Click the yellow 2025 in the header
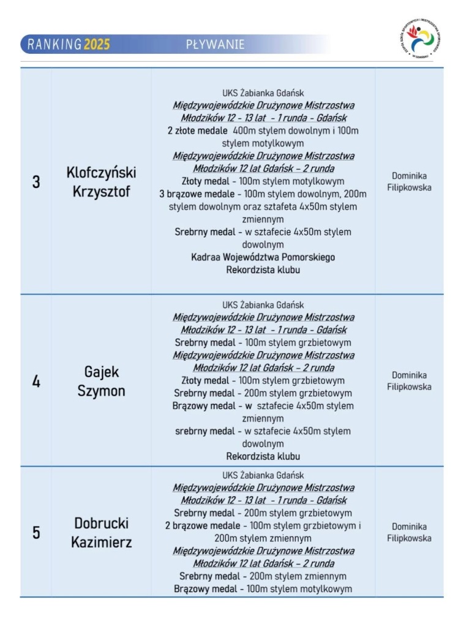click(x=97, y=44)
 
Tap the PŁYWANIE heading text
click(x=215, y=44)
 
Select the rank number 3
click(x=36, y=182)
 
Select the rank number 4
click(x=36, y=381)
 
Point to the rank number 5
click(x=36, y=533)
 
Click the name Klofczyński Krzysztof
click(x=101, y=182)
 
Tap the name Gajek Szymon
click(x=101, y=381)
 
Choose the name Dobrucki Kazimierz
click(x=101, y=533)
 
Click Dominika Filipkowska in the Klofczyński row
click(x=409, y=181)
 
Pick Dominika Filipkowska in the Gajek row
click(x=409, y=381)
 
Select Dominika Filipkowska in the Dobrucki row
click(x=409, y=532)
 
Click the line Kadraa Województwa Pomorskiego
click(x=263, y=257)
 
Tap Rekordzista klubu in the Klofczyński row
click(x=263, y=269)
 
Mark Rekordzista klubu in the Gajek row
click(x=263, y=456)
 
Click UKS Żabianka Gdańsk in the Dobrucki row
click(x=263, y=475)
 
